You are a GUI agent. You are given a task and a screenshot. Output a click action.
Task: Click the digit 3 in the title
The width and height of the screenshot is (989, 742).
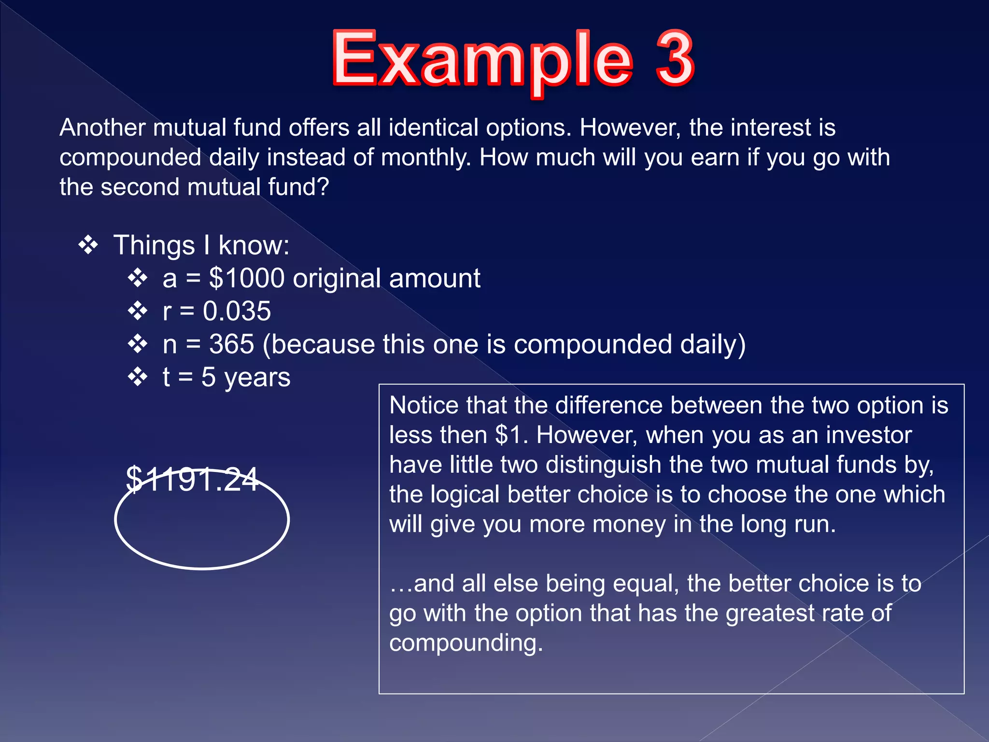675,58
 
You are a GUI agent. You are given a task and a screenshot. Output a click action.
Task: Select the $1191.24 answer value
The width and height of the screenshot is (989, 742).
192,480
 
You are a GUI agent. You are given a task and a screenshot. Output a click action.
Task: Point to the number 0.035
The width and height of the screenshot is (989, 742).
237,311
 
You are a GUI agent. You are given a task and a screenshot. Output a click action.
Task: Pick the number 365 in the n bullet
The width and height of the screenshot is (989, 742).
231,344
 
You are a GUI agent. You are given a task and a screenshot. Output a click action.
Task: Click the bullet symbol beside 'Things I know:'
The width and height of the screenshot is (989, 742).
88,245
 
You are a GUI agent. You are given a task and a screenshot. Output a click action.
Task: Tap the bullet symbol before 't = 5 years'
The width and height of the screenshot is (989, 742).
138,377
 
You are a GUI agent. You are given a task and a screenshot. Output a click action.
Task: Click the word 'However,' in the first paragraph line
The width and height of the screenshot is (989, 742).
630,128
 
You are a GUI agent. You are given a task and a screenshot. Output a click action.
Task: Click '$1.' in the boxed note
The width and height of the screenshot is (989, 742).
511,435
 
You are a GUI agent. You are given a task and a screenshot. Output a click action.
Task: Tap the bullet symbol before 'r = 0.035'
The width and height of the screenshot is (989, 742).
138,311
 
